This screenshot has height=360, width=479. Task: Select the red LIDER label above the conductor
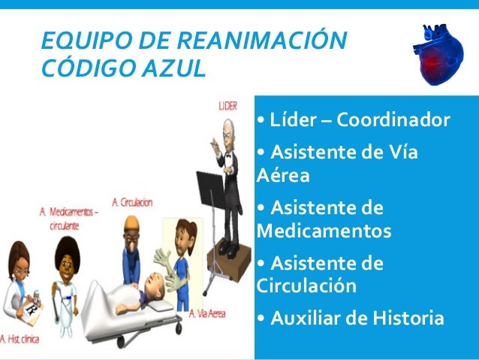pyautogui.click(x=228, y=106)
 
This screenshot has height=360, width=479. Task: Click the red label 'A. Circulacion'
pyautogui.click(x=132, y=202)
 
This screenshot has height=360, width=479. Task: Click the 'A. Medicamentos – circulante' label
pyautogui.click(x=69, y=219)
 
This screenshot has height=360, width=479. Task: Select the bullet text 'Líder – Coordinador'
pyautogui.click(x=353, y=120)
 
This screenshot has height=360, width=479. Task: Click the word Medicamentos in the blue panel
pyautogui.click(x=324, y=230)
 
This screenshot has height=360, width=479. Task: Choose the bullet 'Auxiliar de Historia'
pyautogui.click(x=350, y=319)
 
